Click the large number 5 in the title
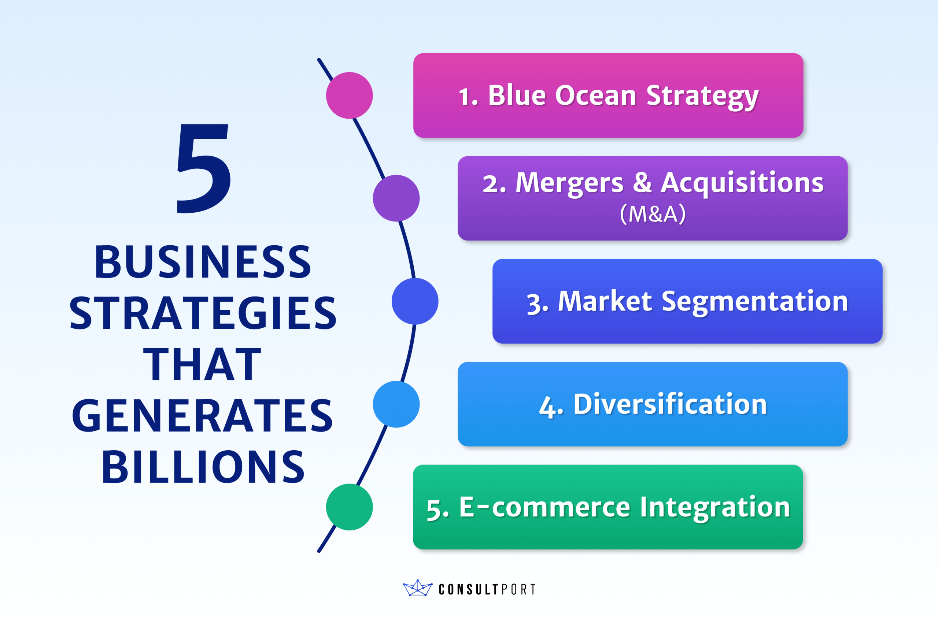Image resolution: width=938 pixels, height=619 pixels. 203,169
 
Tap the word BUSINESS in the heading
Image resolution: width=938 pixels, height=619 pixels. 203,261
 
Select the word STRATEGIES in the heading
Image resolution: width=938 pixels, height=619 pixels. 203,313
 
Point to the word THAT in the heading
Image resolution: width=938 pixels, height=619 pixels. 202,364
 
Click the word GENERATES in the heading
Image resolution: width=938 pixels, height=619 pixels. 202,415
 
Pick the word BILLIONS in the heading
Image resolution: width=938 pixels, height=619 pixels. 203,467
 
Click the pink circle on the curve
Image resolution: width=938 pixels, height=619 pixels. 349,96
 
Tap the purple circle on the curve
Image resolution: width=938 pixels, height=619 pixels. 396,198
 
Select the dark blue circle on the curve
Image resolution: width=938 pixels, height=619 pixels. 415,301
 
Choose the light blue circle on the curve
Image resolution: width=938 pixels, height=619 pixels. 396,404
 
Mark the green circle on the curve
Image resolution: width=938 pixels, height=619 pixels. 349,507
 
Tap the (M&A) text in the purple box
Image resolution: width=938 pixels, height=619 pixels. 653,214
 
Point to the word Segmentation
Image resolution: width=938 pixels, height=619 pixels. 755,301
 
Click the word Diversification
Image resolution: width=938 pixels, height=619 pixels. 670,404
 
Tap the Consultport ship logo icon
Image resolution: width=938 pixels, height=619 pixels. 417,588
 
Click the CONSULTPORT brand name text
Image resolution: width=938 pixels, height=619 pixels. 487,589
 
